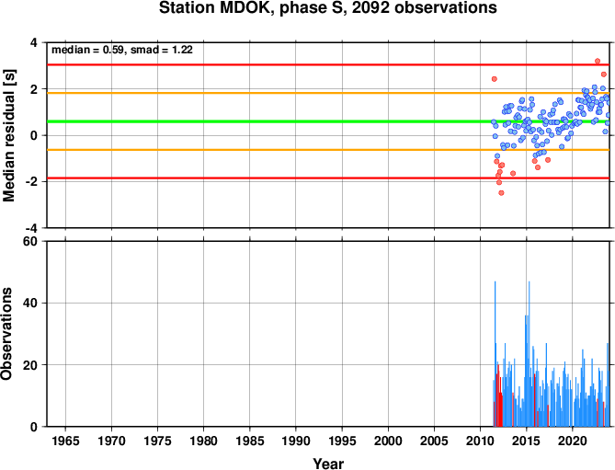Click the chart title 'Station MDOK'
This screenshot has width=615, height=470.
(x=215, y=8)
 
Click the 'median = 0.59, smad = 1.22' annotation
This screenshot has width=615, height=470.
(x=122, y=50)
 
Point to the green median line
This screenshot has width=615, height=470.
(x=328, y=121)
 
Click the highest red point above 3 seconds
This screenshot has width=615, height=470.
(x=598, y=62)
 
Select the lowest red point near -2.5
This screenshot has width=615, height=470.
(x=501, y=193)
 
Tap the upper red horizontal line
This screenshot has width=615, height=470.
(x=328, y=64)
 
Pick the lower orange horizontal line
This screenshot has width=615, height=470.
(x=328, y=150)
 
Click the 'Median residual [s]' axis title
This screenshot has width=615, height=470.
(x=9, y=135)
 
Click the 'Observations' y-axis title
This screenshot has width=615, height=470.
(x=6, y=334)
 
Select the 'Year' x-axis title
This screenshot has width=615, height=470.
(x=328, y=464)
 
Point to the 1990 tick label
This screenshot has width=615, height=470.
(x=296, y=441)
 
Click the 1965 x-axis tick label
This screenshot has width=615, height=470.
(x=65, y=441)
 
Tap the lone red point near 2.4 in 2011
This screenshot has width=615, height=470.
(x=495, y=79)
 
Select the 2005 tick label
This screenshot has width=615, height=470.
(x=434, y=441)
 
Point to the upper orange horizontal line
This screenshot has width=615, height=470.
(x=328, y=93)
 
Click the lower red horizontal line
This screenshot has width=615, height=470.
(x=328, y=178)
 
